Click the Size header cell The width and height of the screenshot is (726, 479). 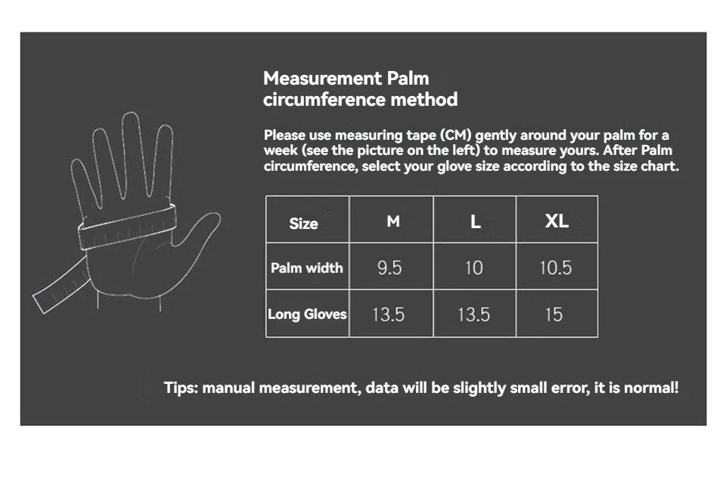(x=303, y=223)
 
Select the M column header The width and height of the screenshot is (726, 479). (x=393, y=221)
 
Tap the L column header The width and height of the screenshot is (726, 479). (x=475, y=221)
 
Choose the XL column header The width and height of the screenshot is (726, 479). (x=557, y=221)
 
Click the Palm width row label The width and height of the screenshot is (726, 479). (x=307, y=267)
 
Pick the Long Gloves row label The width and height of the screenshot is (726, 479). (x=307, y=314)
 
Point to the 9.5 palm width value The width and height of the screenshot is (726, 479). (x=389, y=268)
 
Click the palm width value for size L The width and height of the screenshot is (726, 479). (x=473, y=268)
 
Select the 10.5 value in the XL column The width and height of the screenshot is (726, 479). (x=556, y=268)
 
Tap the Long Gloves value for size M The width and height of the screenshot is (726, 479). (x=388, y=314)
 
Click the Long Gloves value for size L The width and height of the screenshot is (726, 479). (x=473, y=314)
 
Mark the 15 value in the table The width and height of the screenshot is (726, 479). (x=554, y=314)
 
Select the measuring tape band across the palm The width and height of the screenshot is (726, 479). (x=127, y=227)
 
